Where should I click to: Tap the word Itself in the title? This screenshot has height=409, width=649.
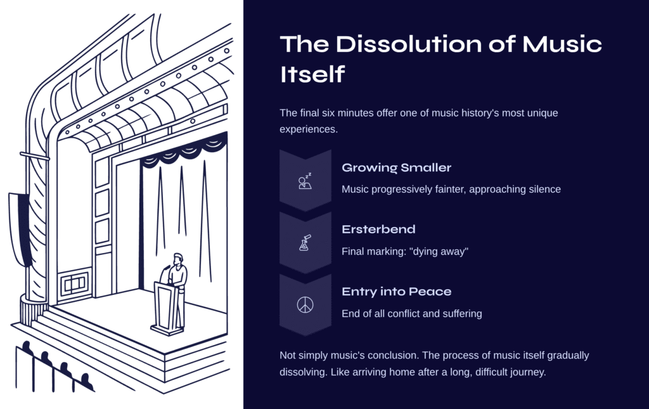(312, 74)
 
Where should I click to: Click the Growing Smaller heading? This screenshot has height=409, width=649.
(397, 168)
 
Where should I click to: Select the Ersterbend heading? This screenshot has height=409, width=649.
(378, 230)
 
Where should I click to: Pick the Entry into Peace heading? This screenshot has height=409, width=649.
(397, 292)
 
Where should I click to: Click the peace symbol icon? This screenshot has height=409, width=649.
(305, 305)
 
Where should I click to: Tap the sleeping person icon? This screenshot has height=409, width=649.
(305, 182)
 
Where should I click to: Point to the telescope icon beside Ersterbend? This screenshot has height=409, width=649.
(305, 243)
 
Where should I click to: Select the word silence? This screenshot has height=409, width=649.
(543, 189)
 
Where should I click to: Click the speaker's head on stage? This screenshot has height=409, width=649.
(178, 259)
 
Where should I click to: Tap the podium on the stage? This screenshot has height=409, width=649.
(167, 308)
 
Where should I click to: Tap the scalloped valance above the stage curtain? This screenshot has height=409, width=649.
(184, 153)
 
